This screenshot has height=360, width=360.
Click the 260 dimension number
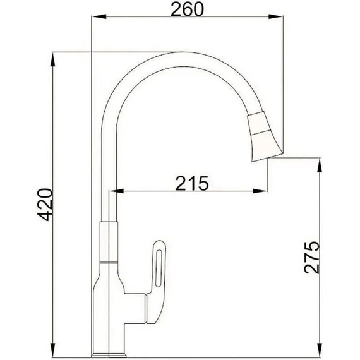pyautogui.click(x=186, y=10)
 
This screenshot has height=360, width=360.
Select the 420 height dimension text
pyautogui.click(x=44, y=204)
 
